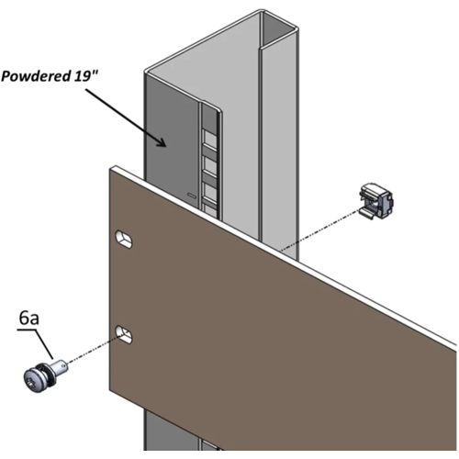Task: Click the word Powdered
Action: click(36, 76)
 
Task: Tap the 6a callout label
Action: click(29, 319)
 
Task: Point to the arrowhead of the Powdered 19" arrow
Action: click(162, 141)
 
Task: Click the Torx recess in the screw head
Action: click(32, 382)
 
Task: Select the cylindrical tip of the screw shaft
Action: click(60, 365)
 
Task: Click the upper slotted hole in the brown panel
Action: click(124, 240)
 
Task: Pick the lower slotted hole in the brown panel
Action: click(124, 334)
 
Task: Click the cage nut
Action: click(375, 201)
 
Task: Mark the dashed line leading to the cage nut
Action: click(320, 230)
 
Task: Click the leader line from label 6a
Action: click(45, 344)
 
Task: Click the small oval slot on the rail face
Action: click(192, 195)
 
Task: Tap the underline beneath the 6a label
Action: click(28, 330)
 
